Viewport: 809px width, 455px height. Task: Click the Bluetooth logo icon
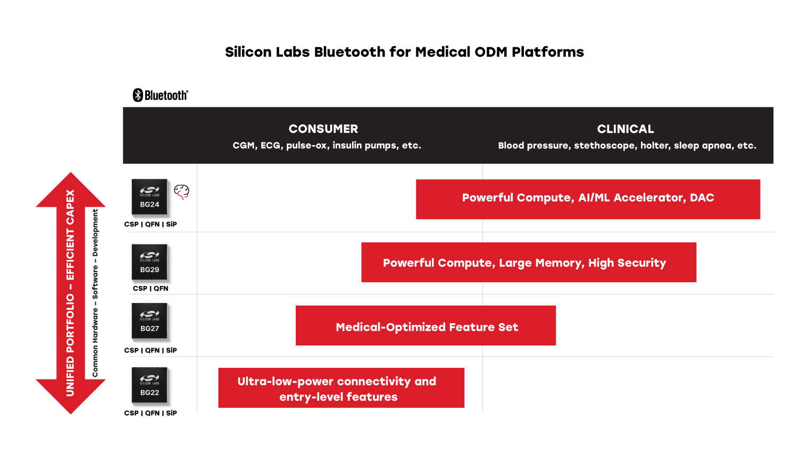tap(138, 95)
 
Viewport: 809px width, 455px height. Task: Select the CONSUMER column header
tap(323, 129)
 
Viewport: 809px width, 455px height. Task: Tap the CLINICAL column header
tap(625, 129)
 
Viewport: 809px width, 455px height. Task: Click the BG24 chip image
tap(149, 197)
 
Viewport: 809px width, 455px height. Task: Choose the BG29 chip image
tap(149, 262)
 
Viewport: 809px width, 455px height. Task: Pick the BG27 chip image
tap(149, 321)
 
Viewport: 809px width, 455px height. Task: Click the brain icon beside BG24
tap(182, 191)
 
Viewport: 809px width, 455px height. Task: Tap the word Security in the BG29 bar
tap(641, 263)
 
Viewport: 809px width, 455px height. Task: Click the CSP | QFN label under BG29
tap(151, 289)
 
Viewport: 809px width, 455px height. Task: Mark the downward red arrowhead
tap(71, 396)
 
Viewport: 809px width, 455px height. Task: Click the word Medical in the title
tap(443, 52)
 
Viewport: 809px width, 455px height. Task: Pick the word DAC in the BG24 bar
tap(702, 198)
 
